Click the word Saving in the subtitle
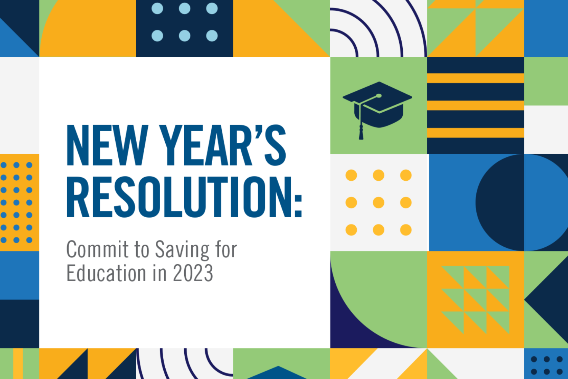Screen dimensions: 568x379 182,250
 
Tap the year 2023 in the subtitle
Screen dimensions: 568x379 193,273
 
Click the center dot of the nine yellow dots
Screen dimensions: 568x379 378,203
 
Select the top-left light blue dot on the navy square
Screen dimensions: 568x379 157,8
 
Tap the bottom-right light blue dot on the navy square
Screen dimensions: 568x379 212,36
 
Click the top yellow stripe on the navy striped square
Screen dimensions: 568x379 475,78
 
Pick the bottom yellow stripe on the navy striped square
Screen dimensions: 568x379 475,133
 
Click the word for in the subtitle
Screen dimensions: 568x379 226,249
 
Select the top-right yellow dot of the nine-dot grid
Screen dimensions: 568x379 406,175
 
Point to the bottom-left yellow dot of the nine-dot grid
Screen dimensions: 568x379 351,230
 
